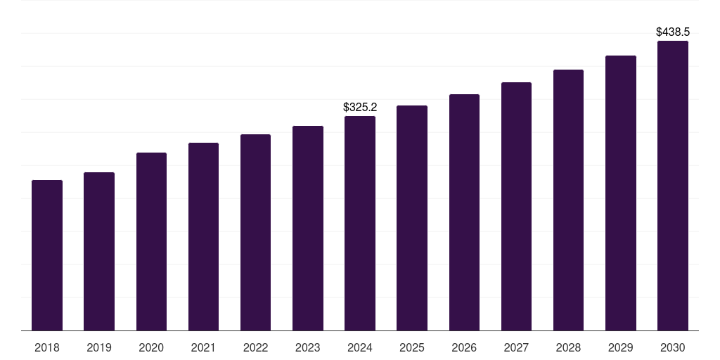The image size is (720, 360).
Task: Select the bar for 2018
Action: (47, 255)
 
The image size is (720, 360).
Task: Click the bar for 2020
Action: (151, 241)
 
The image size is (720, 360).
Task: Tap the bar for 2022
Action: (255, 232)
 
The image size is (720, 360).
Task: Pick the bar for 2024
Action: (360, 223)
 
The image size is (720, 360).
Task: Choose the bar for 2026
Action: (464, 212)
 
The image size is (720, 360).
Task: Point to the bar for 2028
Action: (568, 200)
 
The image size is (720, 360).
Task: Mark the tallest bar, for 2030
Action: (673, 186)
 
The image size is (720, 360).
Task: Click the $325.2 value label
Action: (360, 108)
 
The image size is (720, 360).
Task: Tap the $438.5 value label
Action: (673, 32)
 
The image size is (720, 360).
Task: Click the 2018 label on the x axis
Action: (47, 348)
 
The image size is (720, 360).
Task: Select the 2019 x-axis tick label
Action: (99, 348)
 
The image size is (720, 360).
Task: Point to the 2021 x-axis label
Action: (203, 348)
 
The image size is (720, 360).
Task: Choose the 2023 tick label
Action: (308, 348)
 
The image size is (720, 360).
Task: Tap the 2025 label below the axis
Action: (412, 348)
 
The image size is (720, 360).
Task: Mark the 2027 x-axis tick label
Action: (516, 348)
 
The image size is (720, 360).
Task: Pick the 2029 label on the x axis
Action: (621, 348)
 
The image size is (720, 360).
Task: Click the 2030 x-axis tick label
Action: (673, 348)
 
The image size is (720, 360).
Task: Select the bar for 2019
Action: (99, 251)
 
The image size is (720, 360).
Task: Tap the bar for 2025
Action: (412, 218)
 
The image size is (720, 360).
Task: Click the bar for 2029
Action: (621, 193)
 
